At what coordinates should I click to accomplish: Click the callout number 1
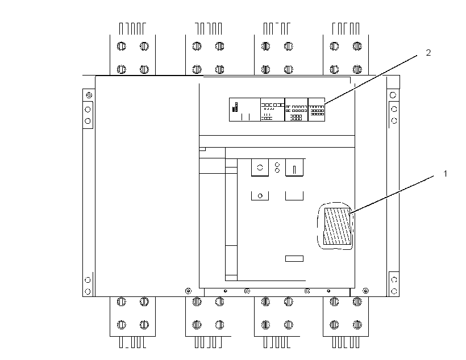tap(445, 174)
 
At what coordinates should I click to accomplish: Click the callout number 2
tap(428, 53)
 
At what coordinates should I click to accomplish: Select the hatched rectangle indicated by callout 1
tap(337, 227)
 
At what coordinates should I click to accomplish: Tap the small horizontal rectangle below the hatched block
tap(294, 258)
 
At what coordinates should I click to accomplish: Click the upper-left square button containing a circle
tap(260, 168)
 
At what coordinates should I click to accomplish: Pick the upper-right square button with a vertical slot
tap(294, 168)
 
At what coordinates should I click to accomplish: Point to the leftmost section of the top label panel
tap(244, 110)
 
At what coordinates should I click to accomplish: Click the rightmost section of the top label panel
tap(317, 110)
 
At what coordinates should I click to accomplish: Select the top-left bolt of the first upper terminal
tap(121, 47)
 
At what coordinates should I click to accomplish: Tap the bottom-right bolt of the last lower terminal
tap(357, 325)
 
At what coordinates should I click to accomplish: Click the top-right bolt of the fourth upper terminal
tap(357, 47)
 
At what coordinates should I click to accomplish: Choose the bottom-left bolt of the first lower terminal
tap(121, 325)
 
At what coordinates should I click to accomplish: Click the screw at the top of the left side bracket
tap(89, 95)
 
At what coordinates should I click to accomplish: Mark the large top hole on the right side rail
tap(393, 95)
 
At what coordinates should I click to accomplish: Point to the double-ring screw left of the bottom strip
tap(188, 291)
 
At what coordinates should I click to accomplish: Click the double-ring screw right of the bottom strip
tap(366, 291)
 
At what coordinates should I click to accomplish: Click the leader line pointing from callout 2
tap(371, 79)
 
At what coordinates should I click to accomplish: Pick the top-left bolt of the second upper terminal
tap(197, 47)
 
